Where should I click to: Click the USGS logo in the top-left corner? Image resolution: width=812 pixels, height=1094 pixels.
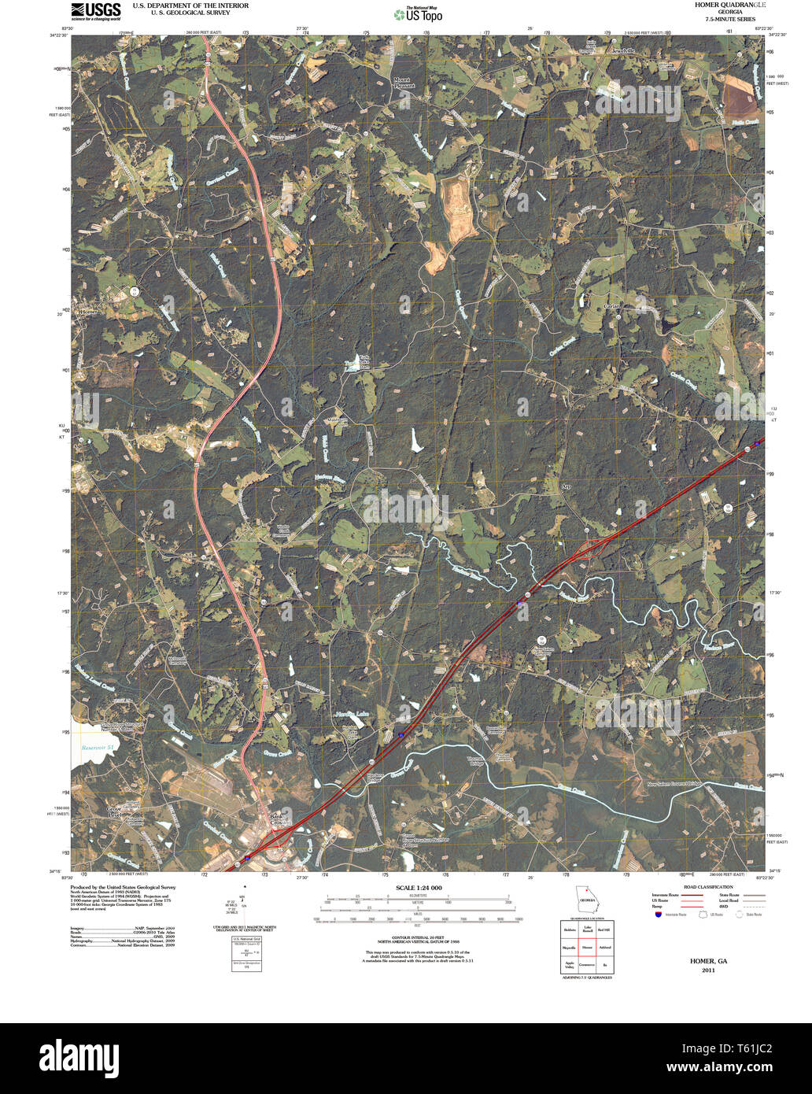[x=96, y=10]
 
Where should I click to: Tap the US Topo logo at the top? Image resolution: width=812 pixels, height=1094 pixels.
[x=419, y=13]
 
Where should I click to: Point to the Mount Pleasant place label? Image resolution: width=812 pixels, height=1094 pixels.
[x=403, y=83]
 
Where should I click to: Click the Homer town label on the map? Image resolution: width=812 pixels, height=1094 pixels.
[x=89, y=312]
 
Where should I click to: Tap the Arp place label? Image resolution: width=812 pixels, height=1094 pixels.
[x=565, y=487]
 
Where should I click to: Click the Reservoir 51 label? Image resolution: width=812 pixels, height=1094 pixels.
[x=99, y=747]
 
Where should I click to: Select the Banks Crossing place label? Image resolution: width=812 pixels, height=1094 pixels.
[x=275, y=819]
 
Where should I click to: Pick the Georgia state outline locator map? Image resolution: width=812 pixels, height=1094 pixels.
[x=586, y=900]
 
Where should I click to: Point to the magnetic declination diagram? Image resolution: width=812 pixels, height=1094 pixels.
[x=243, y=913]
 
